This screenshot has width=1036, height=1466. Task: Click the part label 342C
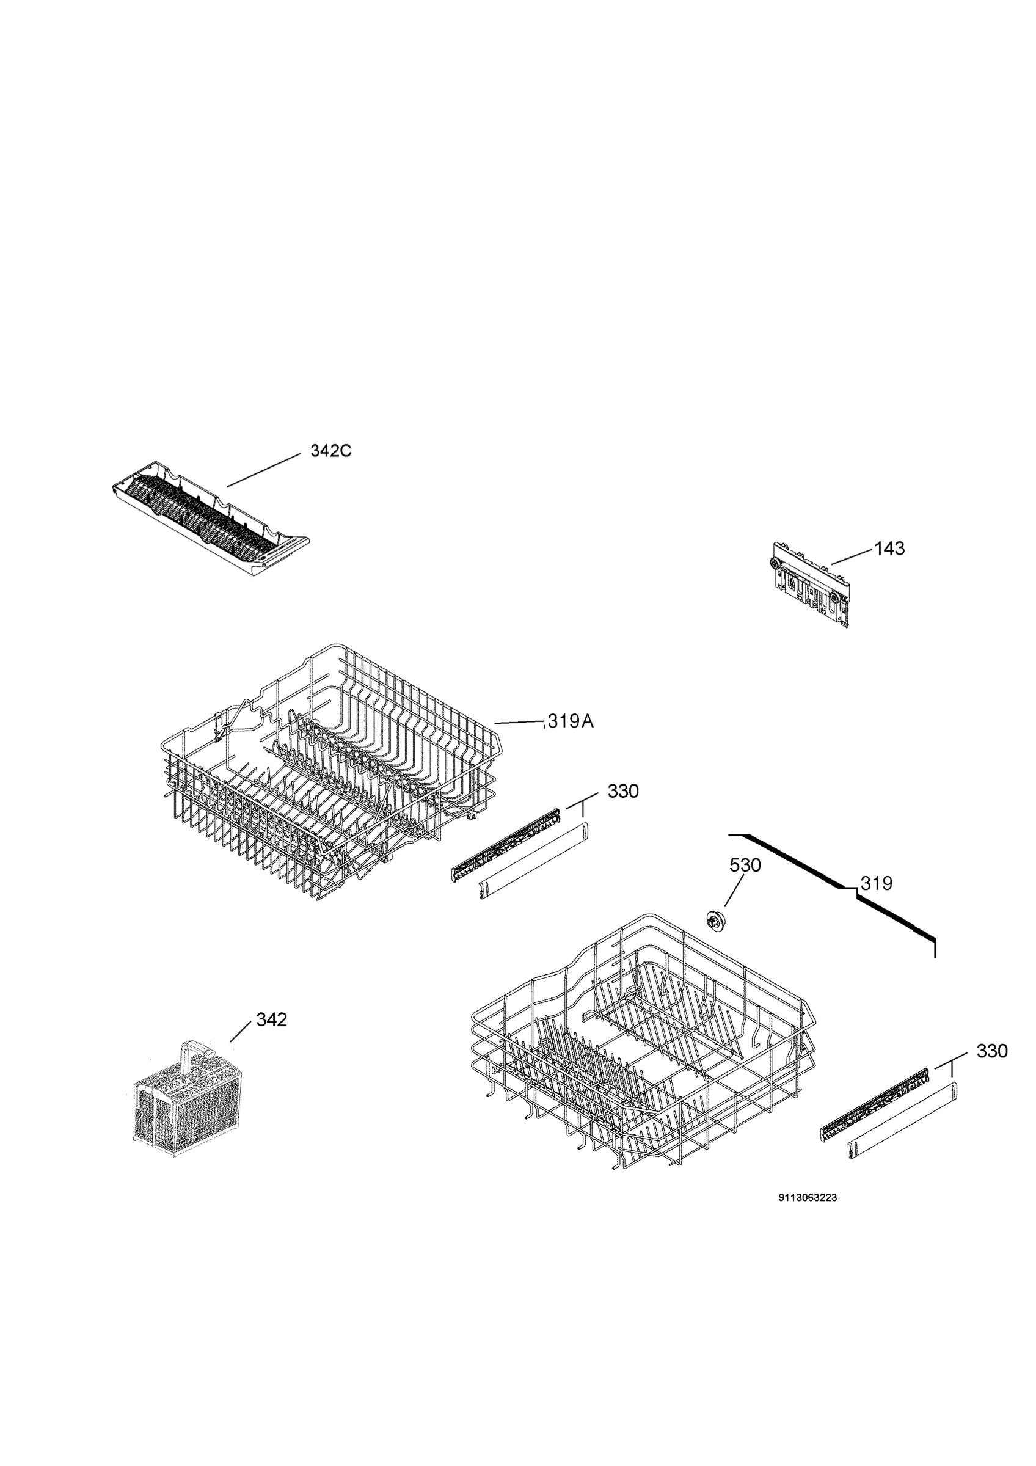click(x=330, y=451)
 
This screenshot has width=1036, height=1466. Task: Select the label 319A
click(x=571, y=721)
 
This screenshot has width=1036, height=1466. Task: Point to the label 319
click(x=877, y=884)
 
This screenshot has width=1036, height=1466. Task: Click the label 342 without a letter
click(x=271, y=1019)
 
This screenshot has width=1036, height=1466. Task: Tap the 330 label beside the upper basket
click(x=623, y=792)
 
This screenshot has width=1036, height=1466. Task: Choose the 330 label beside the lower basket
click(x=992, y=1051)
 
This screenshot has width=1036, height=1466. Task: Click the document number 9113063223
click(x=808, y=1198)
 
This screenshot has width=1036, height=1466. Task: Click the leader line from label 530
click(x=735, y=891)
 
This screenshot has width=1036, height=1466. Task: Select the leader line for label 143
click(x=850, y=556)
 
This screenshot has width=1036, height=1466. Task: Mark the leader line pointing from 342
click(x=240, y=1032)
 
